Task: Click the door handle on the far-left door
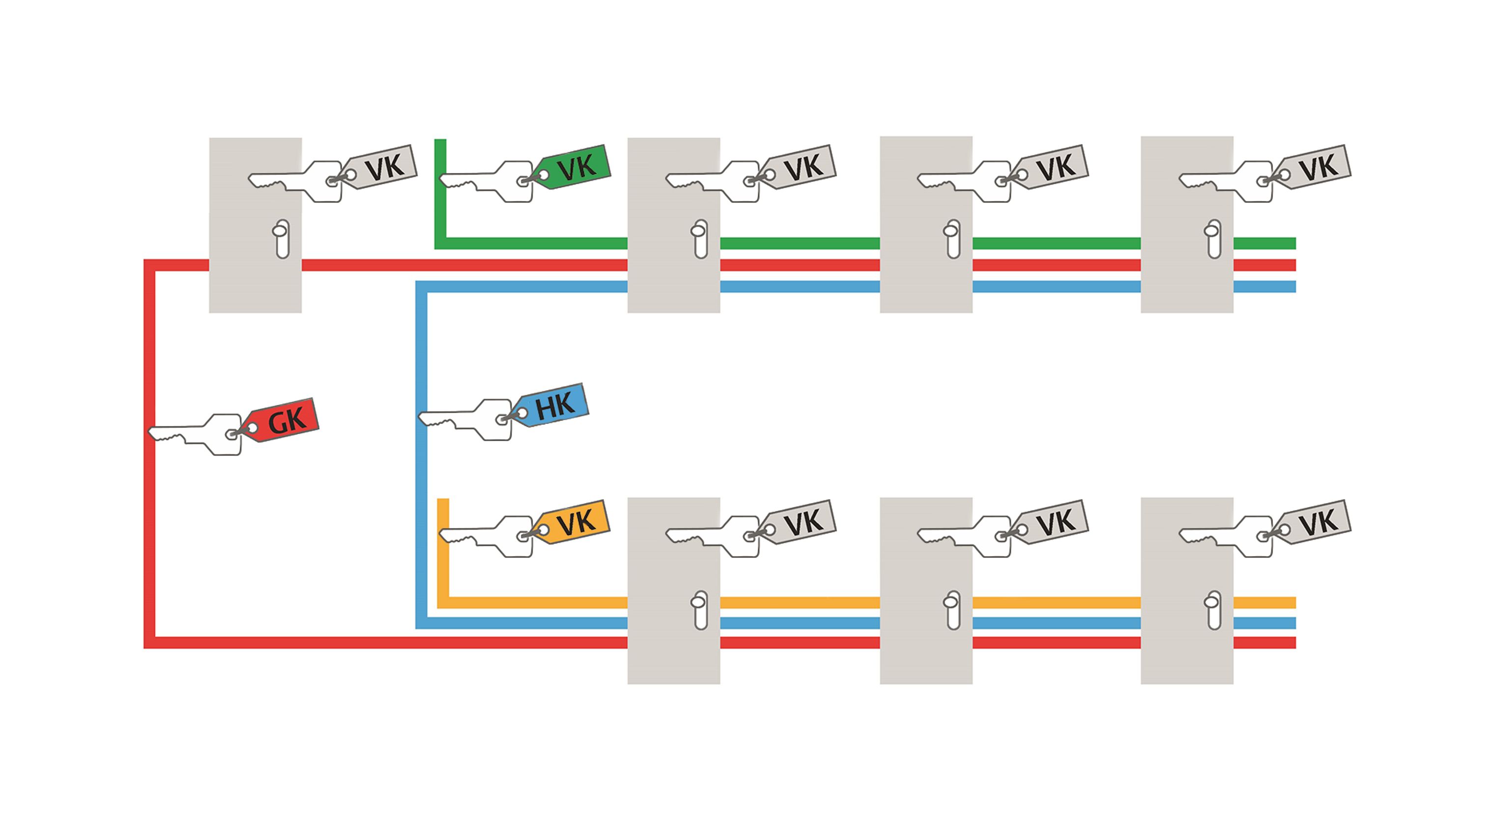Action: (x=281, y=238)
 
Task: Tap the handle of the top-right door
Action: (x=1213, y=238)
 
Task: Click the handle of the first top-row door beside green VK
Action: (x=699, y=238)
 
